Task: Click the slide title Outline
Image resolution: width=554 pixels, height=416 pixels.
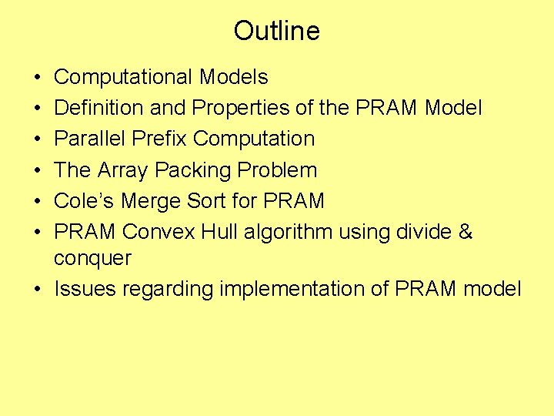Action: (x=276, y=31)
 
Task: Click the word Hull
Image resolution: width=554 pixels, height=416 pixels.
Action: (x=220, y=232)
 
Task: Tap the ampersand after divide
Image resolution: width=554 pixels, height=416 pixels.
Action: (x=465, y=232)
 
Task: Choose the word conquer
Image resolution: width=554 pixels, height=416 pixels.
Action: (x=92, y=259)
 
